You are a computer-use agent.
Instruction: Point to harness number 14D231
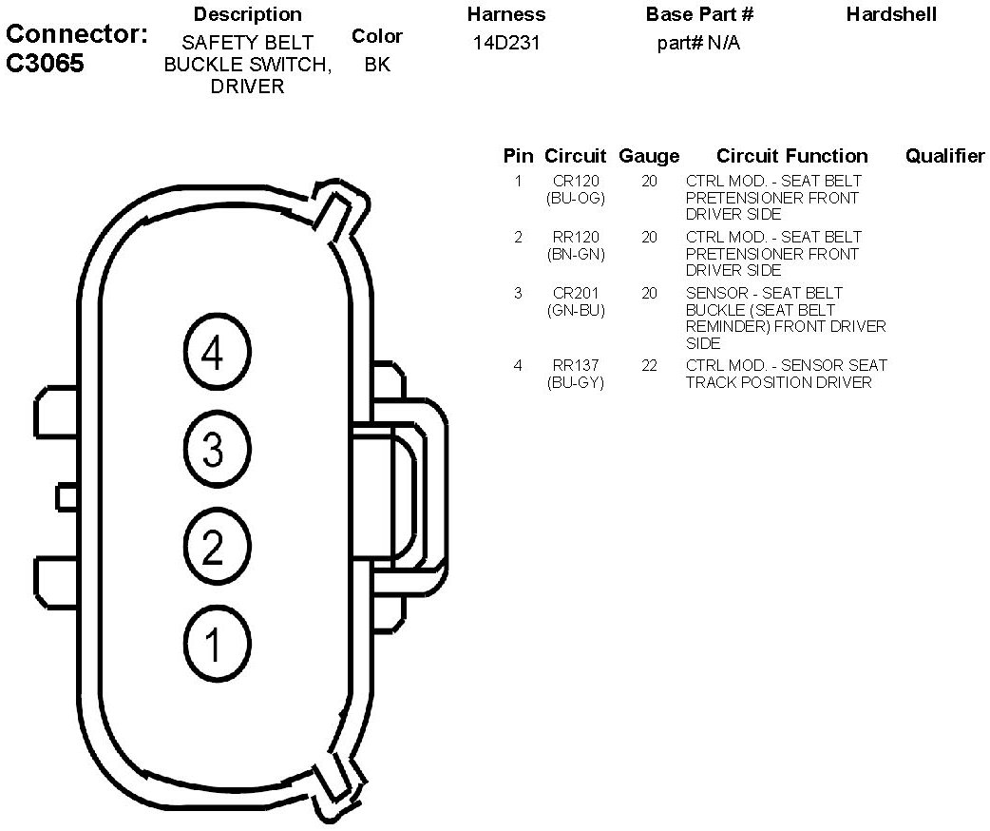[505, 44]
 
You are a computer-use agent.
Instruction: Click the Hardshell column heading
[891, 14]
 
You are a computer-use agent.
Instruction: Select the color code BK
[376, 65]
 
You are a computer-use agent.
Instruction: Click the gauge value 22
[649, 365]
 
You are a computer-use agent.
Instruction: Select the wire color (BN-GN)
[576, 254]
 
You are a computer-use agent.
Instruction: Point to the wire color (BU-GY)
[576, 382]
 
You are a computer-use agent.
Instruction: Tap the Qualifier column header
[944, 156]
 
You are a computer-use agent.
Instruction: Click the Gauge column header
[649, 156]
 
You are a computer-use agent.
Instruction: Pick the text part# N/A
[698, 44]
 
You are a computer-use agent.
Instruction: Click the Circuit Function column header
[791, 156]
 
